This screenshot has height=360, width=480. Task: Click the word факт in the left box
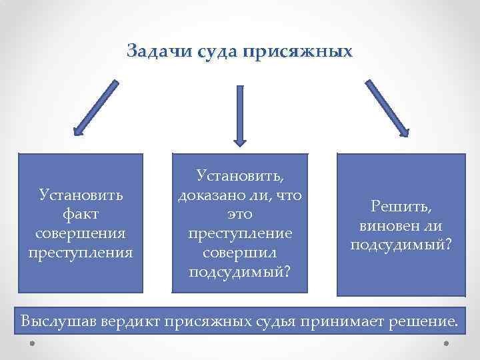[x=81, y=215]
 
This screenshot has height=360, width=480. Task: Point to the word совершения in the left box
[x=81, y=234]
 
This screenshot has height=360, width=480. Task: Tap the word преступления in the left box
[x=81, y=253]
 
